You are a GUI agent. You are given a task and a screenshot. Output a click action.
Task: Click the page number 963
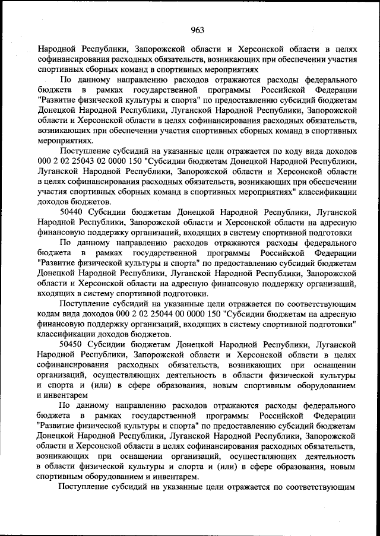(x=198, y=31)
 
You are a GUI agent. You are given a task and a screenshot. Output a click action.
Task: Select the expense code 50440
(x=72, y=211)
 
